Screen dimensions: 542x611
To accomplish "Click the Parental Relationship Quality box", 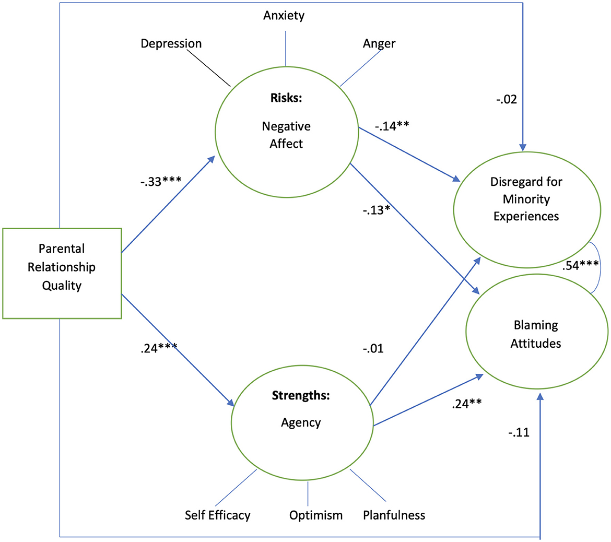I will point(62,273).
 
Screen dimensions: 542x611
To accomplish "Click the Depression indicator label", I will point(171,43).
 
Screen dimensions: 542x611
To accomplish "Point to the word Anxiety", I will point(284,15).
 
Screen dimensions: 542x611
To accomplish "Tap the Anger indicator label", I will point(379,43).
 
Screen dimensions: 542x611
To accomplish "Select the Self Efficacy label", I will point(217,515).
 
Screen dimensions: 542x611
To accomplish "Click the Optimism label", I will point(316,515).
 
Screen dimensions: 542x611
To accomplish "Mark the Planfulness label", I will point(394,515).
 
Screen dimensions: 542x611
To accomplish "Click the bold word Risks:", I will point(286,98).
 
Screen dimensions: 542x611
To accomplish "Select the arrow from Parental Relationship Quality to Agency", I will point(178,350).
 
